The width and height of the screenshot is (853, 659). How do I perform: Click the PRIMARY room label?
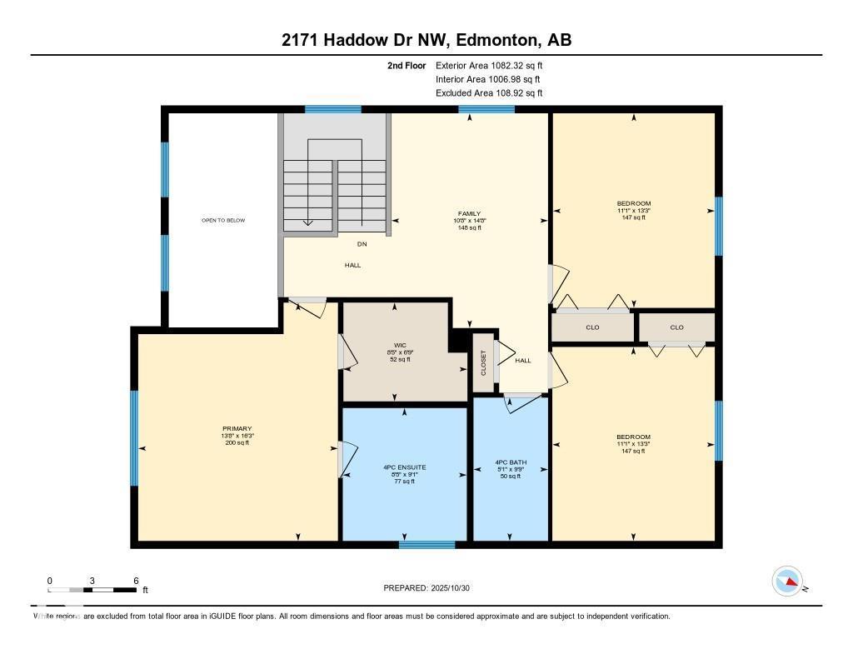point(237,428)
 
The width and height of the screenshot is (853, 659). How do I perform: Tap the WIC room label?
point(399,344)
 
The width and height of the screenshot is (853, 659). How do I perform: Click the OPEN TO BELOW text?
point(223,220)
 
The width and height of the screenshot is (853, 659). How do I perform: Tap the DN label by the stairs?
point(362,244)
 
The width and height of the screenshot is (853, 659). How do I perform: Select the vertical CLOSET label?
point(483,362)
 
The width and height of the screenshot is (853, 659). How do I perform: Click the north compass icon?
point(787,581)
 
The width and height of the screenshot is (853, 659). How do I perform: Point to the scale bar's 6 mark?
point(135,581)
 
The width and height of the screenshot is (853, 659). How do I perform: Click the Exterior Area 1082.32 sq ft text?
point(490,65)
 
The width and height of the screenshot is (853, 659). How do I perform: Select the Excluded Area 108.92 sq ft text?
point(490,93)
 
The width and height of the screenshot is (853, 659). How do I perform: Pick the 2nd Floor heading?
point(407,65)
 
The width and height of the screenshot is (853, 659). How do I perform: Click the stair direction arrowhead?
point(307,222)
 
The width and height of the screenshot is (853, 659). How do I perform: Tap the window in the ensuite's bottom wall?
point(426,545)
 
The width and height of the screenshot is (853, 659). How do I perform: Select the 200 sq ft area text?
point(237,443)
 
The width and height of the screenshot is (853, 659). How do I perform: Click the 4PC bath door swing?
point(521,402)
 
